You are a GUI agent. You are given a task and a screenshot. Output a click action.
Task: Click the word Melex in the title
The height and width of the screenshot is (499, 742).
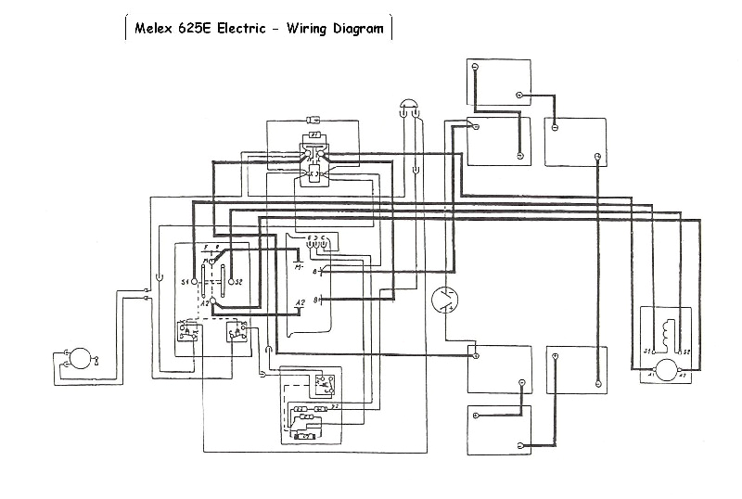pyautogui.click(x=154, y=28)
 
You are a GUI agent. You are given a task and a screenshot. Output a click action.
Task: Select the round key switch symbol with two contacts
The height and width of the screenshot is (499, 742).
pyautogui.click(x=445, y=300)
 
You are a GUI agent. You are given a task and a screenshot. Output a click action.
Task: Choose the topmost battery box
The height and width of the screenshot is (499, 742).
pyautogui.click(x=499, y=81)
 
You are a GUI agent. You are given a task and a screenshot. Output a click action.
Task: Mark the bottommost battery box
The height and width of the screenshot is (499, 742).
pyautogui.click(x=499, y=429)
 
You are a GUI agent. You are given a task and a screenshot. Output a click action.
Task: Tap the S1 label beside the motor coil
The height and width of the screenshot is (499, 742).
pyautogui.click(x=647, y=352)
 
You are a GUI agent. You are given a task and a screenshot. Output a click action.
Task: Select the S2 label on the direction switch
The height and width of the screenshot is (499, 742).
pyautogui.click(x=239, y=281)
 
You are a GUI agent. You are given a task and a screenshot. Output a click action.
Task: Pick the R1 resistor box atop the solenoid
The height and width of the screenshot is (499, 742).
pyautogui.click(x=314, y=135)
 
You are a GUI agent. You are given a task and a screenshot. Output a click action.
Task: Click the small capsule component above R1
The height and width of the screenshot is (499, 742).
pyautogui.click(x=313, y=119)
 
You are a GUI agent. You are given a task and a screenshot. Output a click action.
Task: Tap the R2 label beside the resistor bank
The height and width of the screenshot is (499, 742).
pyautogui.click(x=333, y=406)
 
